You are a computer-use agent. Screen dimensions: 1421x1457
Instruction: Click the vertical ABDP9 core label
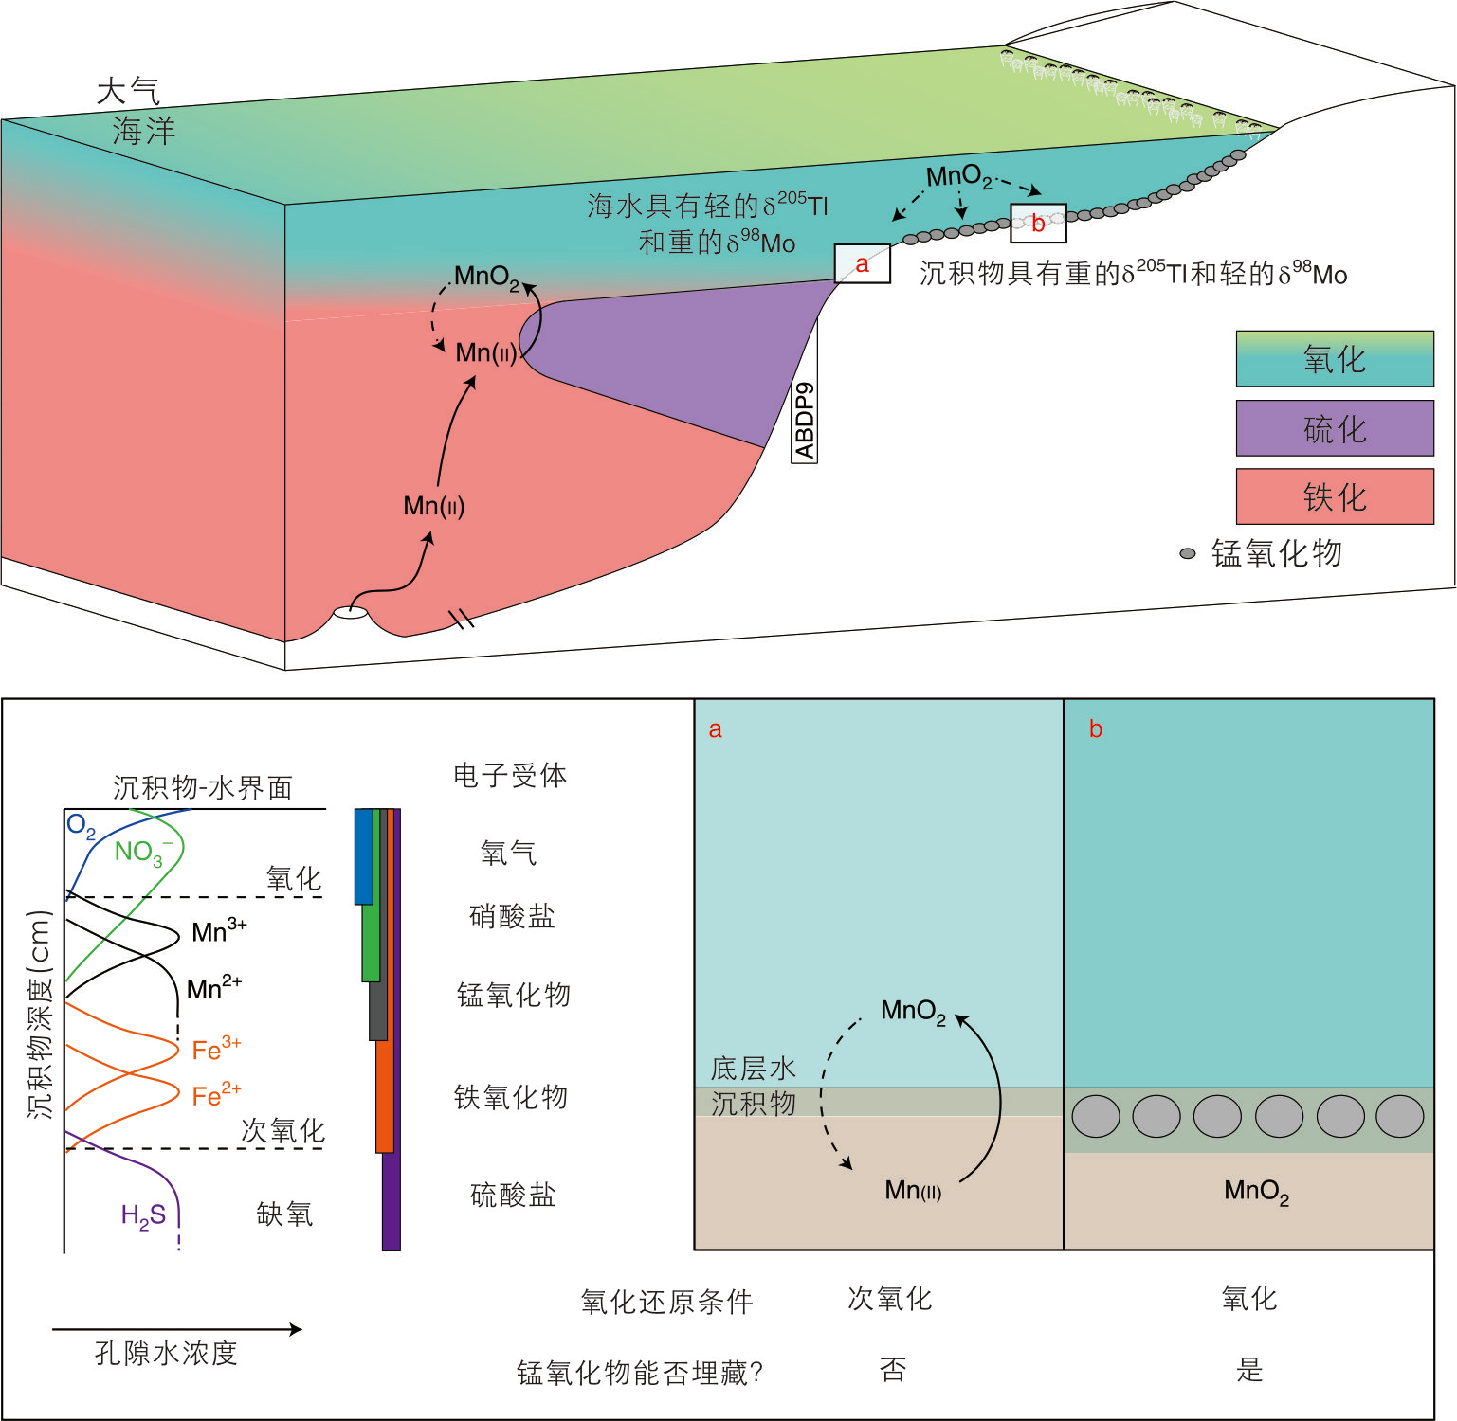click(x=804, y=420)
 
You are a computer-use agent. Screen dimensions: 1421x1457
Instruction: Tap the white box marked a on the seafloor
click(x=862, y=264)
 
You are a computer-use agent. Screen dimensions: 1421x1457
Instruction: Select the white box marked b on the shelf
click(x=1038, y=224)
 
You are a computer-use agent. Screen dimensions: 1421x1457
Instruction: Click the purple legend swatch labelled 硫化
click(x=1334, y=428)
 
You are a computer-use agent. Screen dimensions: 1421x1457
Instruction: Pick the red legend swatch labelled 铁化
click(x=1334, y=496)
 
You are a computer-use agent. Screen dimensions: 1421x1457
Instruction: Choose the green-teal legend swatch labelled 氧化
click(x=1334, y=359)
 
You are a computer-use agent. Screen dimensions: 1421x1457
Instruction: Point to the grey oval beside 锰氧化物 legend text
click(x=1187, y=553)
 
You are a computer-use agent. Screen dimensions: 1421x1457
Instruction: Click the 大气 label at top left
click(x=128, y=92)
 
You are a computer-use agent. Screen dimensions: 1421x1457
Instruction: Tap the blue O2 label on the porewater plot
click(x=81, y=827)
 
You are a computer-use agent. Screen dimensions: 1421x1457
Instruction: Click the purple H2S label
click(x=143, y=1215)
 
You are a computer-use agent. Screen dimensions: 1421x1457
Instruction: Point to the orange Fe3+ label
click(x=215, y=1049)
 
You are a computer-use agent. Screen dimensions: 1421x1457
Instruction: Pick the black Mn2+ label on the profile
click(x=213, y=989)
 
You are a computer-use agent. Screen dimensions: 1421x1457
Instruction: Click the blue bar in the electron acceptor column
click(x=363, y=855)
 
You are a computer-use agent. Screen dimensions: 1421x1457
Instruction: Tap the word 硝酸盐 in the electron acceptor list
click(x=512, y=916)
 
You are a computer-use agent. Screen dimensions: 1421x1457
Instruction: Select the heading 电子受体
click(x=510, y=776)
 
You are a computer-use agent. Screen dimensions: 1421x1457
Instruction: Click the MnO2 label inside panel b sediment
click(x=1256, y=1191)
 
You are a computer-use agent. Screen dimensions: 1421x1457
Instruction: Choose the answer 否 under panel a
click(x=892, y=1370)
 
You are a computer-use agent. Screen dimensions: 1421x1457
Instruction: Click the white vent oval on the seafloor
click(x=350, y=613)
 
